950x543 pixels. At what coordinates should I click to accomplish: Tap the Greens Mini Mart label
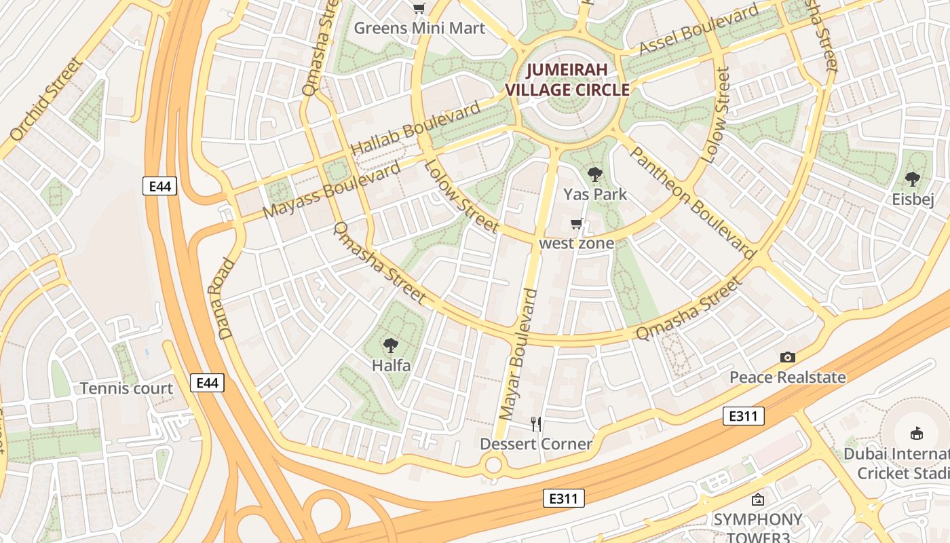coord(419,28)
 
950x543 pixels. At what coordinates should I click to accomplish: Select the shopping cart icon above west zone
coord(577,223)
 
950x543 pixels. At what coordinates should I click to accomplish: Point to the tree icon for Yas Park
coord(595,174)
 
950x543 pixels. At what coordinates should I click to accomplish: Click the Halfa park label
coord(391,365)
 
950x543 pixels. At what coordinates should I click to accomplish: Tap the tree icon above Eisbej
coord(913,179)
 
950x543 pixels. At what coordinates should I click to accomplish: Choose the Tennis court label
coord(127,388)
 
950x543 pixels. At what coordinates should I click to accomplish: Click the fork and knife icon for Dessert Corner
coord(536,424)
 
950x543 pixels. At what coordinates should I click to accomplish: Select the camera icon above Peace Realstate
coord(787,357)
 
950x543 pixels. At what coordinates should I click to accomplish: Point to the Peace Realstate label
coord(787,377)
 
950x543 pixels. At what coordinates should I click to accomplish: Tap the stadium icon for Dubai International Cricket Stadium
coord(917,432)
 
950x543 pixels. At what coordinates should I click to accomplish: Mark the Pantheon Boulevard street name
coord(691,202)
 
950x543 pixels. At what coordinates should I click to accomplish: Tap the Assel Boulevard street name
coord(699,30)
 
